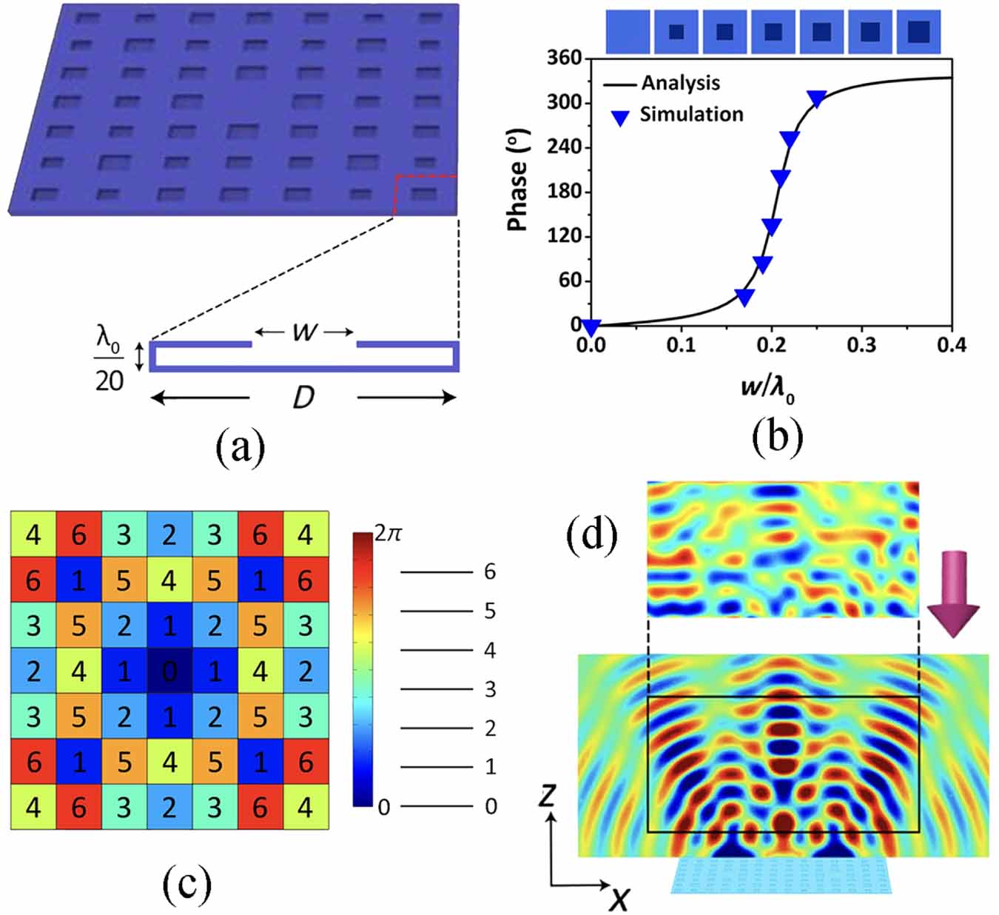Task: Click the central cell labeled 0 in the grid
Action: pyautogui.click(x=169, y=671)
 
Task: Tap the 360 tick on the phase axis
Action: pyautogui.click(x=564, y=58)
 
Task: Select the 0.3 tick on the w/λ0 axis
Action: pyautogui.click(x=861, y=345)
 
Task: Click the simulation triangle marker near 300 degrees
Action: pyautogui.click(x=816, y=98)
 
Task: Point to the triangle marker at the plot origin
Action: pyautogui.click(x=591, y=327)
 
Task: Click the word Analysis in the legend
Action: pyautogui.click(x=680, y=83)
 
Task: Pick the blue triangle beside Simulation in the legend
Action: pyautogui.click(x=620, y=117)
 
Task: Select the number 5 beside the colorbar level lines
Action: pyautogui.click(x=489, y=611)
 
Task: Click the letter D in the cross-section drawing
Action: pyautogui.click(x=303, y=398)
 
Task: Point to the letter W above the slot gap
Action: pyautogui.click(x=304, y=332)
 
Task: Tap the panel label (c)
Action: pyautogui.click(x=186, y=882)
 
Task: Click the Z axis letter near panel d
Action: pyautogui.click(x=547, y=796)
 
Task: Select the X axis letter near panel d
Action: pyautogui.click(x=619, y=898)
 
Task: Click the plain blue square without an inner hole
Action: pyautogui.click(x=628, y=32)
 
